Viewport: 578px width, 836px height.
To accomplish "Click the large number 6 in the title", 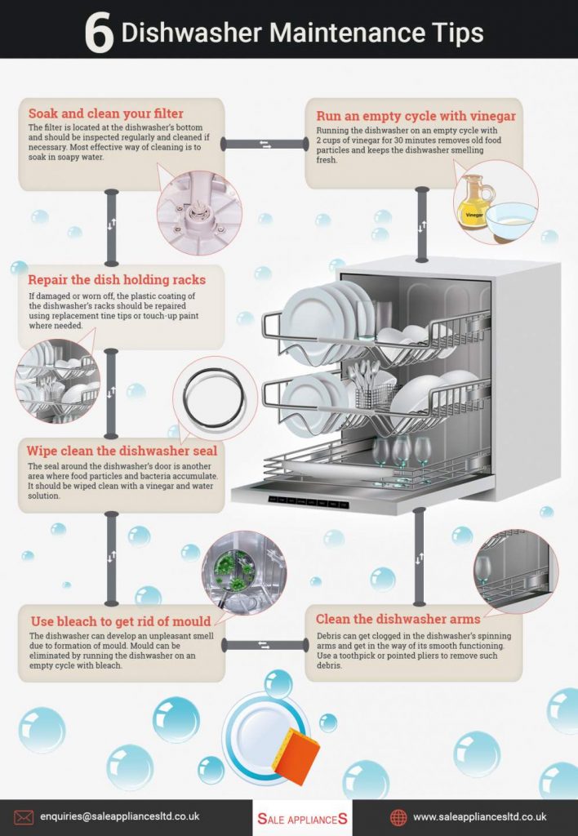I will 100,33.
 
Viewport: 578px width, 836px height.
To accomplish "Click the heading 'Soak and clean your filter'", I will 106,113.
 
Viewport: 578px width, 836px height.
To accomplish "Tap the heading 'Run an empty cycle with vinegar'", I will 416,116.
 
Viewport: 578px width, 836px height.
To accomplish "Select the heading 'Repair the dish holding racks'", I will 117,280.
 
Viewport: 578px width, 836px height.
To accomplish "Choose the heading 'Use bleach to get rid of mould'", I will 120,620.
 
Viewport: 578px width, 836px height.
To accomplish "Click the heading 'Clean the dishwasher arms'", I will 398,619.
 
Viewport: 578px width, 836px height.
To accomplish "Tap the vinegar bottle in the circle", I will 475,201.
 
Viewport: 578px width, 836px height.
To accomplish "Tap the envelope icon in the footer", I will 24,816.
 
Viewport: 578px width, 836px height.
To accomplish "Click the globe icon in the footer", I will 398,817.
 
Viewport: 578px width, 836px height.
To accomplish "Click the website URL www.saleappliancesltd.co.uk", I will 479,816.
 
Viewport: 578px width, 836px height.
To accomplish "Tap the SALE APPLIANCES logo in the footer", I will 302,818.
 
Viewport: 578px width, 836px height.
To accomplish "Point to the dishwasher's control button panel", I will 309,500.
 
